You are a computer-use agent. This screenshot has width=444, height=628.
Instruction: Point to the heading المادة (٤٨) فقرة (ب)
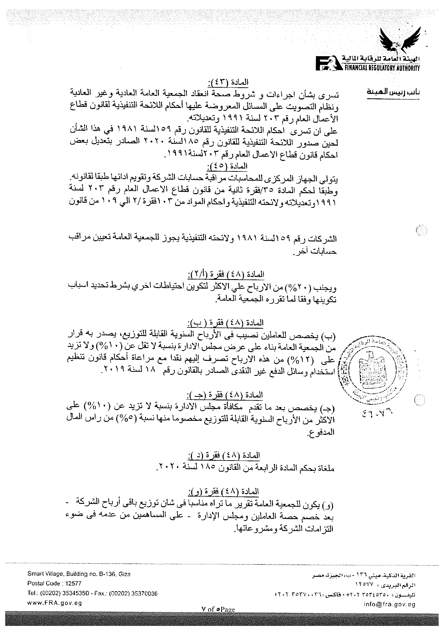coord(226,323)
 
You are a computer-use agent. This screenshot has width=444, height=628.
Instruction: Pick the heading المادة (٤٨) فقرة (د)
coord(224,456)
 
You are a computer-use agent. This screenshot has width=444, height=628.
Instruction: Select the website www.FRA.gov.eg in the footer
coord(55,603)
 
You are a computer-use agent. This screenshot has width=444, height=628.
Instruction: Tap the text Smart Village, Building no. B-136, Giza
coord(79,574)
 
